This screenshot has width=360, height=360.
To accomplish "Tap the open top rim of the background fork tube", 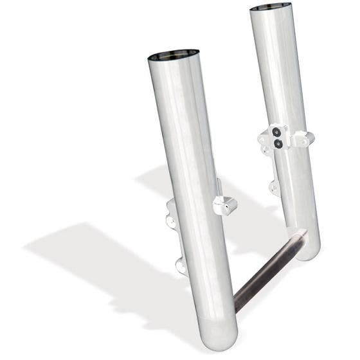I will pos(270,8).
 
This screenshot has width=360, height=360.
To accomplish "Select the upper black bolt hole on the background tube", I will pos(276,133).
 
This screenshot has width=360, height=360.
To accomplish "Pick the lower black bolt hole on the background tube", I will pos(278,144).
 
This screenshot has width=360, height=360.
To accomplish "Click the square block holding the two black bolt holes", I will pos(277,138).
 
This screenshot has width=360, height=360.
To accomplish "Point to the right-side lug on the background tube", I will pos(302,138).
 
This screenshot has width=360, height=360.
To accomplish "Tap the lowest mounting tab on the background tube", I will pos(274,188).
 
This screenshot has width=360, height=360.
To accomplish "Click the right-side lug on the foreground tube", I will pos(227,205).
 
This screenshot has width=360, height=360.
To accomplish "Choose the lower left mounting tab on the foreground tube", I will pos(181,265).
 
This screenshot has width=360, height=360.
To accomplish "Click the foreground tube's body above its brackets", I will pos(183,129).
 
